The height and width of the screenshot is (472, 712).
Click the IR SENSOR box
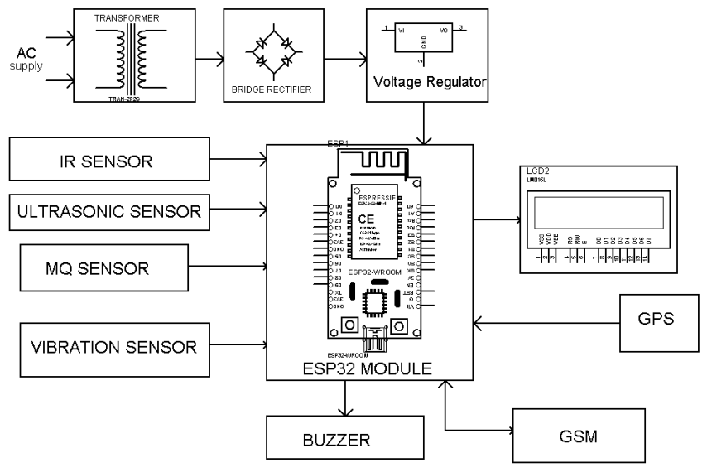[x=106, y=161]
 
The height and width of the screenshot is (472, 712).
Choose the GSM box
[x=577, y=434]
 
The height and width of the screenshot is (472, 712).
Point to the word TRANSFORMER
[x=126, y=17]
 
